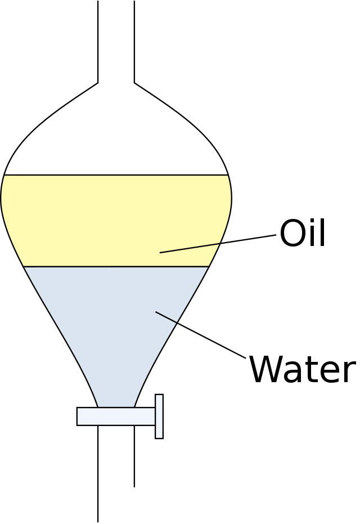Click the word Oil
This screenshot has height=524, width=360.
point(302,233)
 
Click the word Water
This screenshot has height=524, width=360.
point(302,370)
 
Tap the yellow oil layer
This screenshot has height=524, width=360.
point(84,220)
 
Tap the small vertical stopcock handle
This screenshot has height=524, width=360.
point(159,416)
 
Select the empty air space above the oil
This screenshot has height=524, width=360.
point(116,135)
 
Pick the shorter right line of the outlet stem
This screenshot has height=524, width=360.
point(134,456)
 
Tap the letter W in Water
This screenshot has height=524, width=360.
point(265,370)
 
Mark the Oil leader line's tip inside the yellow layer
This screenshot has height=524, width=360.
point(161,253)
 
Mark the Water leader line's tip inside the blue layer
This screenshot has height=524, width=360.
point(156,312)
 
